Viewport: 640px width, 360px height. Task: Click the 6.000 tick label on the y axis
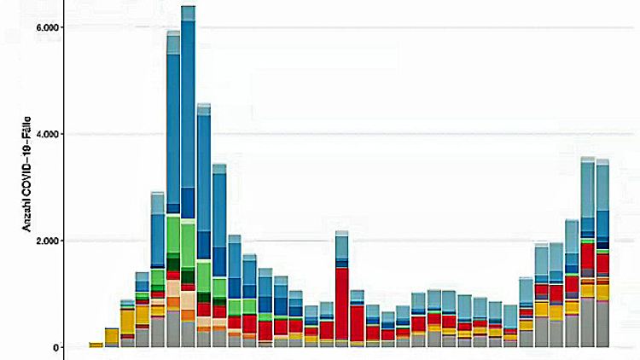click(x=46, y=28)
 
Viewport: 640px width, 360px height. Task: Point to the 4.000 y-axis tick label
click(x=46, y=135)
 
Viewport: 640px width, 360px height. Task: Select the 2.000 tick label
click(x=46, y=241)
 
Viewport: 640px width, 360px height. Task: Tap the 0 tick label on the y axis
click(x=55, y=347)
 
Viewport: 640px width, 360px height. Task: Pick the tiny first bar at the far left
click(x=96, y=345)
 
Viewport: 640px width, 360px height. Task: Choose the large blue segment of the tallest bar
click(x=188, y=111)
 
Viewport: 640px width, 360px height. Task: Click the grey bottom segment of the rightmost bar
click(x=602, y=325)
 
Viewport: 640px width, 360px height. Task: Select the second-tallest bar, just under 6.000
click(x=173, y=171)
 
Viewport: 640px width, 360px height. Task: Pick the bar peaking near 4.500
click(x=203, y=213)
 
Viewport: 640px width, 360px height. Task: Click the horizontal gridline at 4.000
click(x=427, y=134)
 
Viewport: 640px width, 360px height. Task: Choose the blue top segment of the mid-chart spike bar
click(x=342, y=247)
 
